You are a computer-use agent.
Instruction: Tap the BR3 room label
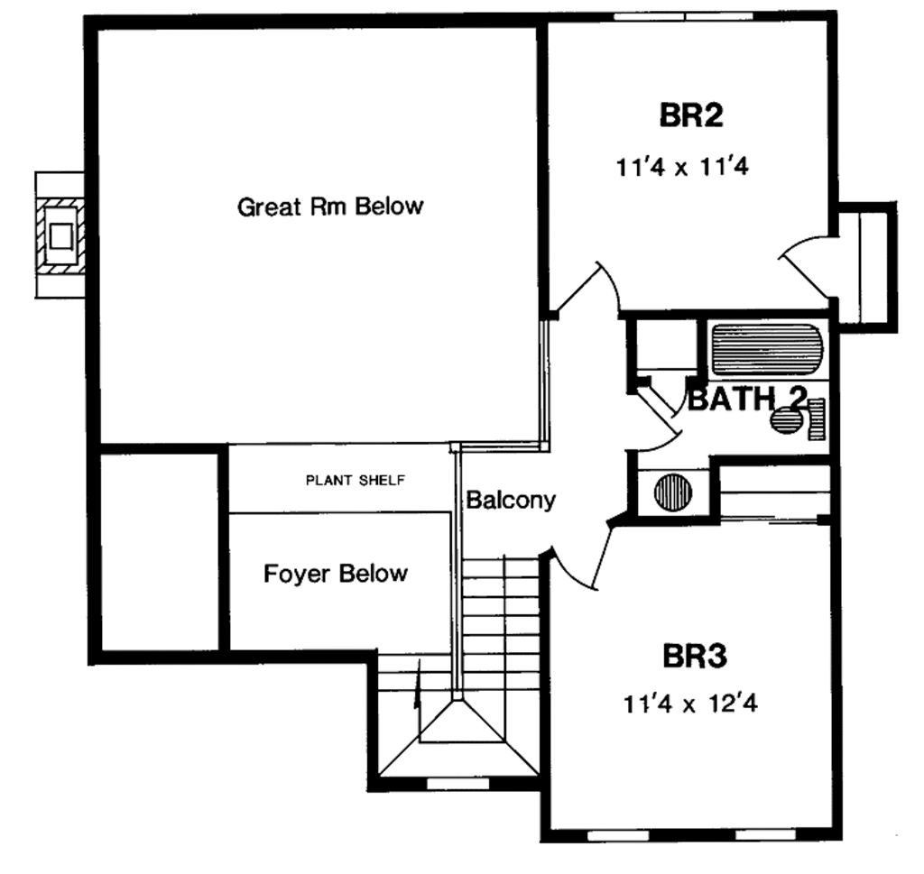click(695, 656)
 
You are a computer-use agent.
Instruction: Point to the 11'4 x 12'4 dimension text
click(689, 704)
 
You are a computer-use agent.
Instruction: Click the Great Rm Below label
click(329, 207)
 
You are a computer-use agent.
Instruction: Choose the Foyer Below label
click(336, 574)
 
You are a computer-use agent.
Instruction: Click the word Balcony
click(510, 500)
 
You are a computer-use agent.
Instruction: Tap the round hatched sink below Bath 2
click(671, 492)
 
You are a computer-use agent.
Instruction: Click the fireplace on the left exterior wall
click(61, 235)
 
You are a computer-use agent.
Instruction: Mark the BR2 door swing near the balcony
click(591, 289)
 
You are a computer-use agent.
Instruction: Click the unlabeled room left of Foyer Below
click(159, 550)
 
